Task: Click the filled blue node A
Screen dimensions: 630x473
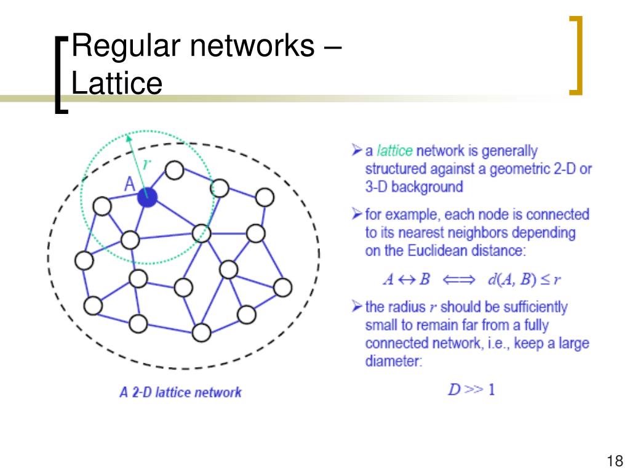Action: pyautogui.click(x=148, y=197)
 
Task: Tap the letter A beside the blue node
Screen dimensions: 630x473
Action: pyautogui.click(x=130, y=184)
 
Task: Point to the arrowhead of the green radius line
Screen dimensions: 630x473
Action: pyautogui.click(x=129, y=138)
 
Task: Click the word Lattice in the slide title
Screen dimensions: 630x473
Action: pyautogui.click(x=117, y=83)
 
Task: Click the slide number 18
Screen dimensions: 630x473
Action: pyautogui.click(x=613, y=461)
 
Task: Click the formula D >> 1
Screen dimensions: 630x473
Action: pyautogui.click(x=471, y=390)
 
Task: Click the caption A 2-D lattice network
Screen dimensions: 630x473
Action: pyautogui.click(x=180, y=392)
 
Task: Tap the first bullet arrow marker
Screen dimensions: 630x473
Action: pyautogui.click(x=357, y=150)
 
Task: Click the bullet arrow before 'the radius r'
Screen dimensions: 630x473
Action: pyautogui.click(x=357, y=306)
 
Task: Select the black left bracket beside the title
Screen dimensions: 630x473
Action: pyautogui.click(x=61, y=75)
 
